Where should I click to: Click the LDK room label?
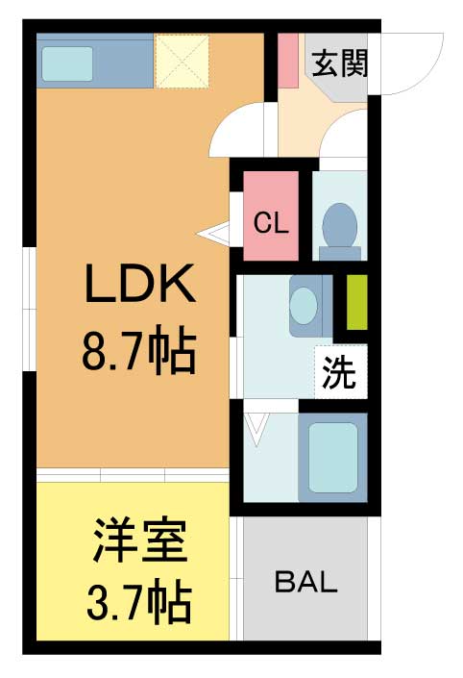pos(139,284)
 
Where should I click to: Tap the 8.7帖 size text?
pos(139,349)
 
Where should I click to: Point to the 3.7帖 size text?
pos(139,598)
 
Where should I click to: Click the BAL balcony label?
pos(306,582)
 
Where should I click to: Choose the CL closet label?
pos(271,223)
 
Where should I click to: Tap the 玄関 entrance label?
pos(340,63)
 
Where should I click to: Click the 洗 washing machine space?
pos(340,372)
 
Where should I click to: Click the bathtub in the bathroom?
pos(333,459)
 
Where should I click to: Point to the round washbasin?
pos(304,304)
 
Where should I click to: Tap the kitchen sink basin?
pos(67,63)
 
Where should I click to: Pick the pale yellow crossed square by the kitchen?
pos(183,62)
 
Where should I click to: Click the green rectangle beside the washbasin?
pos(357,302)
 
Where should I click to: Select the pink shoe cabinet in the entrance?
pos(287,61)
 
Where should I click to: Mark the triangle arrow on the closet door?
pos(213,235)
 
